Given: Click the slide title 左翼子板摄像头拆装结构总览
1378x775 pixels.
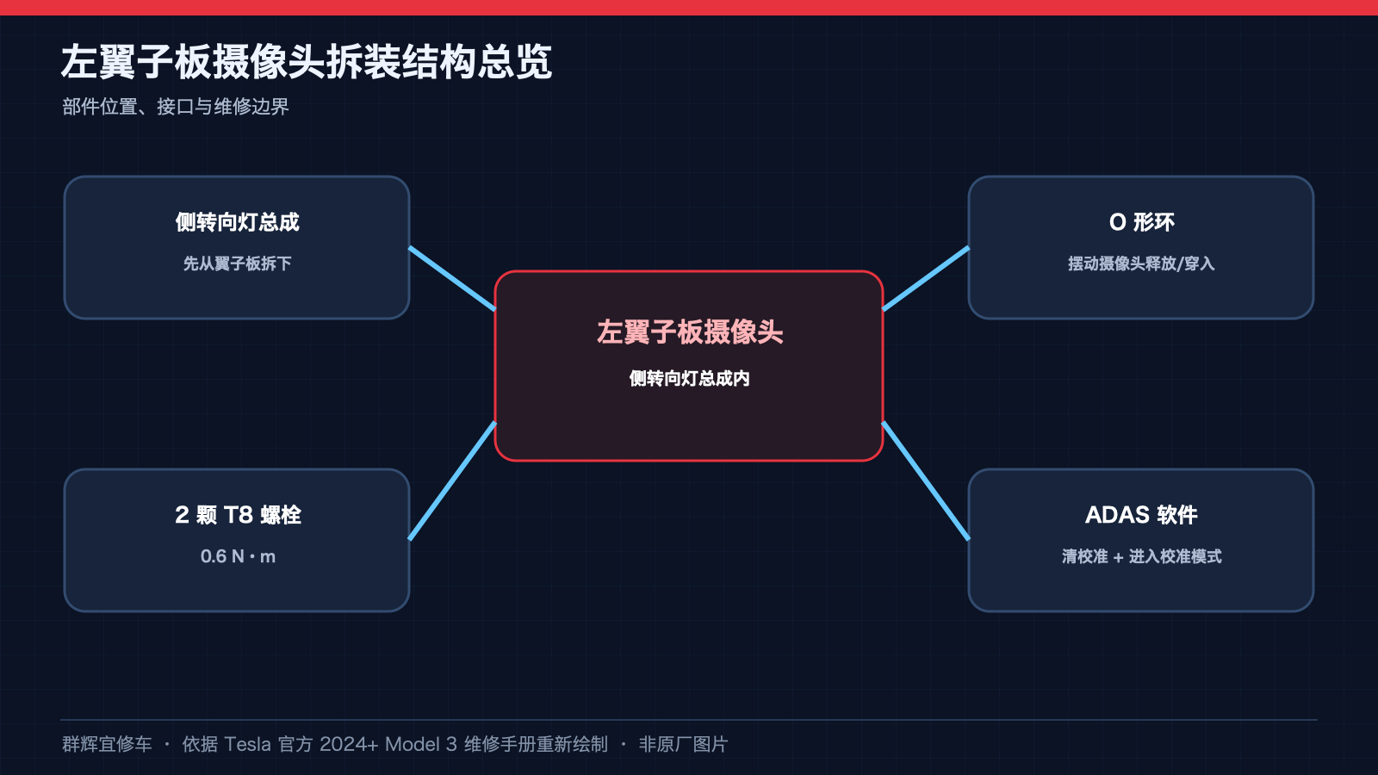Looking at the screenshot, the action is point(307,62).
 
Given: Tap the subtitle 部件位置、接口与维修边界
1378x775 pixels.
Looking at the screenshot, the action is point(176,107).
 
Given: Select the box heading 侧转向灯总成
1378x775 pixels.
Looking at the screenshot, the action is point(237,222).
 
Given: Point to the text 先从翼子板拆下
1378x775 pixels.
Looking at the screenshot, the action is point(237,263).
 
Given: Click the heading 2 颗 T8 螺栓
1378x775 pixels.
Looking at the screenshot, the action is point(238,515).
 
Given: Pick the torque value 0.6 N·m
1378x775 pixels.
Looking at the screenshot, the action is point(238,556).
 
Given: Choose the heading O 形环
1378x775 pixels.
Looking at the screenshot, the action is point(1141,222).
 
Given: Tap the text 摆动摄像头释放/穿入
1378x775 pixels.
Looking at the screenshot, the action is point(1141,263).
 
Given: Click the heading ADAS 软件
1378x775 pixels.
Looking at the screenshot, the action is point(1141,515).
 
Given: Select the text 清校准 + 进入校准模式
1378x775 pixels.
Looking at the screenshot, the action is point(1141,556).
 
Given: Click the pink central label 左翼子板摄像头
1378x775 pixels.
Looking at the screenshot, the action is point(689,332).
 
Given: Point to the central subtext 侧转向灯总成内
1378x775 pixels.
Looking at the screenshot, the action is point(689,378).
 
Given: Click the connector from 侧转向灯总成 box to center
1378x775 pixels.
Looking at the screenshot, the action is point(452,279).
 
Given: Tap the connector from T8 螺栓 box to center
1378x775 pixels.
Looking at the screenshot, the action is point(452,481).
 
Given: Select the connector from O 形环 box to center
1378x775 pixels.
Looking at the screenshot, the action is point(926,279).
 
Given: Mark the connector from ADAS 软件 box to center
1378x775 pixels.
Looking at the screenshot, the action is point(926,481).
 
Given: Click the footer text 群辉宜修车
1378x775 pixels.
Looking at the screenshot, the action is point(107,744).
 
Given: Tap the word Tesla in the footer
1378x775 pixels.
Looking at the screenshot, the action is point(247,744).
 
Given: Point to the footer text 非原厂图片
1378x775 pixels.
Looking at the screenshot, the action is point(684,744).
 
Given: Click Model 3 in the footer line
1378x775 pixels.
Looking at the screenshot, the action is point(421,744).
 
